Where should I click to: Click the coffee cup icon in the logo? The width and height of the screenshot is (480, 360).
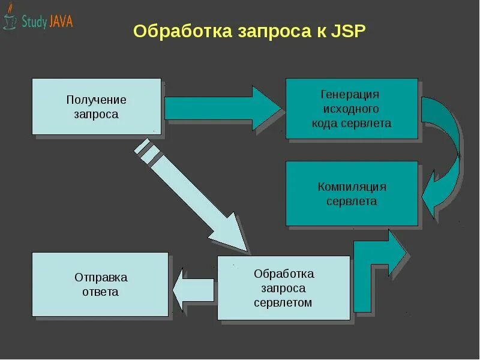click(x=10, y=21)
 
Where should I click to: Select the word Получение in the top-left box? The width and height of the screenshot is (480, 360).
click(x=97, y=100)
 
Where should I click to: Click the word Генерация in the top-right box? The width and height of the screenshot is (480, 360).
click(x=351, y=95)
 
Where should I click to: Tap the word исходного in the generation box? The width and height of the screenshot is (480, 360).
click(x=351, y=109)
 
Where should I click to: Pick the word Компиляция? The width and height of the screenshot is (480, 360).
click(x=352, y=187)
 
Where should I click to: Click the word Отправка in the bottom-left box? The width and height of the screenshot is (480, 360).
click(x=101, y=278)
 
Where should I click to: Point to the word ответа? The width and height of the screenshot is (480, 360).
click(x=101, y=292)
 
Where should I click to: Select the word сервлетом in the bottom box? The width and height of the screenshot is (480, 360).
click(x=283, y=302)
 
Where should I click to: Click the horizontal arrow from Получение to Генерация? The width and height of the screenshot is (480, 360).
click(x=222, y=108)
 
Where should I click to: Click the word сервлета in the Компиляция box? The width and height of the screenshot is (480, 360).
click(x=352, y=201)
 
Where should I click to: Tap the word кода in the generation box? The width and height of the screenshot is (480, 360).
click(x=324, y=124)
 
